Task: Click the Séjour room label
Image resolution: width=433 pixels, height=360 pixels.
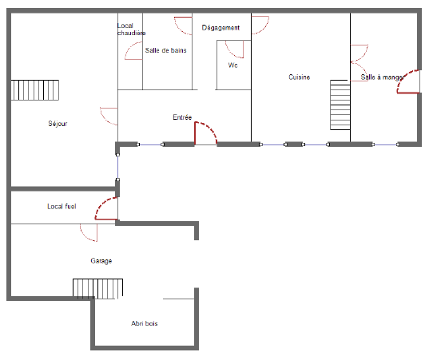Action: tap(58, 124)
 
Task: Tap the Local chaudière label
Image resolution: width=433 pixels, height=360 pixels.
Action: tap(131, 30)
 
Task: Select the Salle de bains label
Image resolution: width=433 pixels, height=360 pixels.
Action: tap(165, 50)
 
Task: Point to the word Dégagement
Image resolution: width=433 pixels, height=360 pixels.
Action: tap(220, 28)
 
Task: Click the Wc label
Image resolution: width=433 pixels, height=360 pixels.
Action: tap(232, 65)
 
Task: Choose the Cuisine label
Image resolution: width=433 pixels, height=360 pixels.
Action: tap(300, 77)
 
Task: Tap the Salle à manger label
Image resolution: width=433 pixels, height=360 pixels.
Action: tap(382, 77)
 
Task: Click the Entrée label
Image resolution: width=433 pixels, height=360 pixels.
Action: tap(182, 117)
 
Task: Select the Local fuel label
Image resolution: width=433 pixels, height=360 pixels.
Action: tap(62, 207)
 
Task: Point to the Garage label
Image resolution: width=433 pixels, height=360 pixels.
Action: tap(101, 261)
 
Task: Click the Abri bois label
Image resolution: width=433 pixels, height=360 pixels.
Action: tap(145, 323)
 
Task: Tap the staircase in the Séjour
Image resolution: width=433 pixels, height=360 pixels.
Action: tap(35, 90)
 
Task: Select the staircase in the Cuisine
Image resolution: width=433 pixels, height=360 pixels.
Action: tap(340, 105)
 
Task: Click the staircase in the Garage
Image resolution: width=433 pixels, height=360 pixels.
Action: tap(97, 288)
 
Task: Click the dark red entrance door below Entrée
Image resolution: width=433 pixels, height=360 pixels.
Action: tap(206, 133)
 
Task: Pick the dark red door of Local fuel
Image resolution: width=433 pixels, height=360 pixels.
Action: tap(106, 208)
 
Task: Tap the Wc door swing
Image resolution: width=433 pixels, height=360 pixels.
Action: tap(235, 49)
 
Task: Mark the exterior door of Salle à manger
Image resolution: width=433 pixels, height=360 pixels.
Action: tap(408, 81)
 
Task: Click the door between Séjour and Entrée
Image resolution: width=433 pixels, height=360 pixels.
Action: tap(109, 117)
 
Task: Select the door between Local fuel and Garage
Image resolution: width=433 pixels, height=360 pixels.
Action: tap(89, 232)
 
